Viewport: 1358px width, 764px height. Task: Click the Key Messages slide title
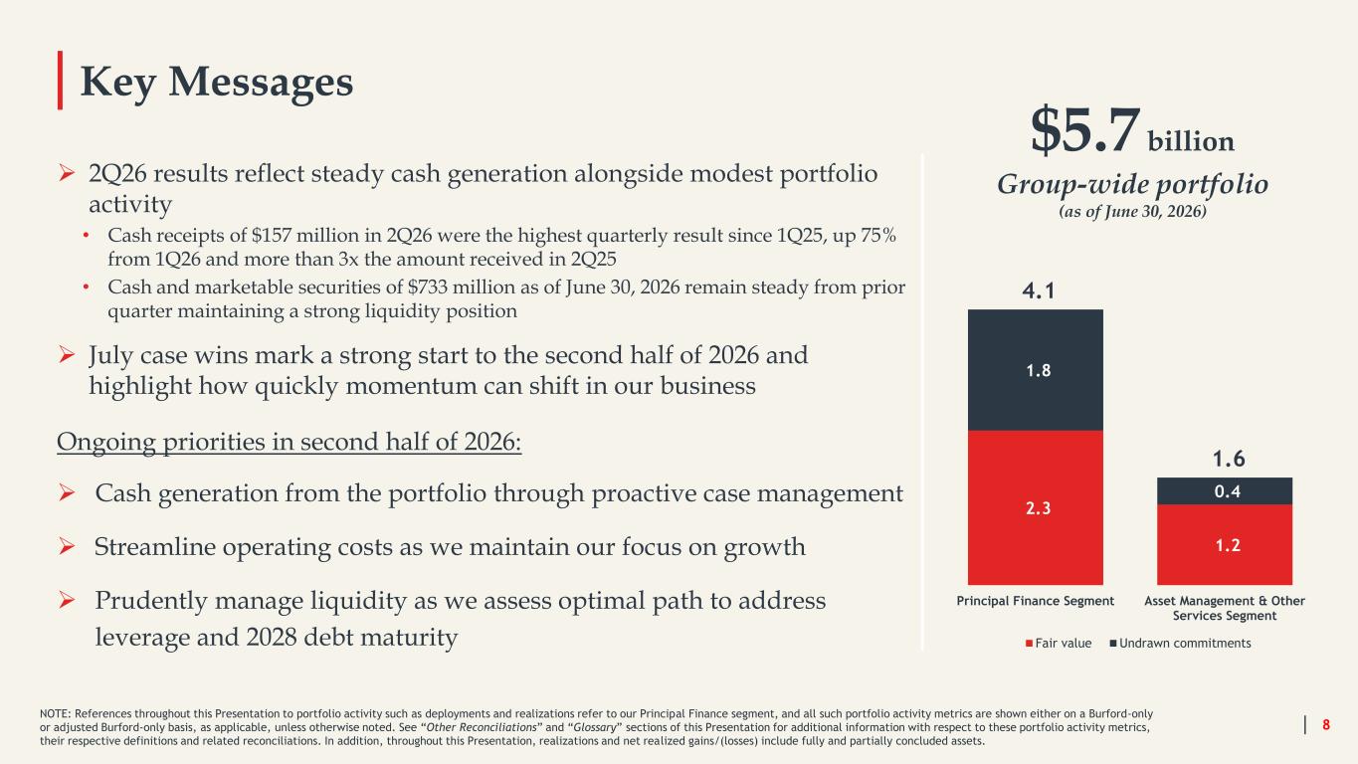(x=217, y=83)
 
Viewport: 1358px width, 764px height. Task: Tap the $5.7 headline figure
(x=1085, y=130)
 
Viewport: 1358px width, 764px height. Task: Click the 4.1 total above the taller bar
(x=1038, y=291)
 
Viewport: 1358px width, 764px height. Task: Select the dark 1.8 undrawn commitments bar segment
(x=1036, y=370)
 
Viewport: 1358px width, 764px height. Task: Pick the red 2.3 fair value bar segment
(x=1036, y=507)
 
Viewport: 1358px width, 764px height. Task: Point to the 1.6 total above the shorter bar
(x=1229, y=459)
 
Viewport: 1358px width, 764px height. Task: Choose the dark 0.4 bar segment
(x=1225, y=491)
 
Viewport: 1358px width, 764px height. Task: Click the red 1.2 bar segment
(x=1225, y=544)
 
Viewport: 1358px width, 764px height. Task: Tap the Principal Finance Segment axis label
(x=1036, y=601)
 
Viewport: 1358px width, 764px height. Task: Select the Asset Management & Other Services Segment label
(x=1225, y=608)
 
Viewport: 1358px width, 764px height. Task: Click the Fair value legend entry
(x=1059, y=644)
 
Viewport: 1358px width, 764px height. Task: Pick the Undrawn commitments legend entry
(x=1180, y=644)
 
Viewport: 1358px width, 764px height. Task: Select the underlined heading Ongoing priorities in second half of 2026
(x=290, y=442)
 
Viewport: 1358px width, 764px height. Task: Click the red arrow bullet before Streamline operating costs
(x=67, y=547)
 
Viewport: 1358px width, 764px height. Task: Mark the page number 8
(x=1326, y=724)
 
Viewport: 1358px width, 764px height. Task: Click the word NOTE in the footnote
(x=55, y=714)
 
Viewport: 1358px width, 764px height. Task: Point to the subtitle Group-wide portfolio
(x=1132, y=185)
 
